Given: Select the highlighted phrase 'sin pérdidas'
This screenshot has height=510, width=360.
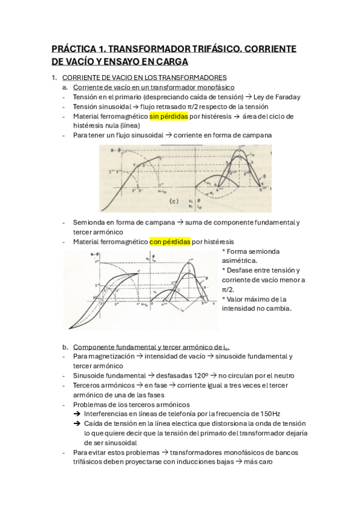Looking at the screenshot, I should tap(169, 116).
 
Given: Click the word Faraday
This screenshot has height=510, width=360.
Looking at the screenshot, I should tap(285, 97).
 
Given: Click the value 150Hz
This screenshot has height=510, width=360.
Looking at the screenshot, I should tap(267, 414).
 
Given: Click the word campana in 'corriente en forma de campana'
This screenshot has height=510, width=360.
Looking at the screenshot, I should tap(256, 135).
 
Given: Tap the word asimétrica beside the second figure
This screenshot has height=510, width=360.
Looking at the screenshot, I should tap(239, 260).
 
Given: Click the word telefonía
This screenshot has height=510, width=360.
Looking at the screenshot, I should tap(195, 414).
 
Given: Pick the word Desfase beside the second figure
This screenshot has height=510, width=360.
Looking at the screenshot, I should tap(241, 270).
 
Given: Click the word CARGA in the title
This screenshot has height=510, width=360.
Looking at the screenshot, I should tap(171, 61).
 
